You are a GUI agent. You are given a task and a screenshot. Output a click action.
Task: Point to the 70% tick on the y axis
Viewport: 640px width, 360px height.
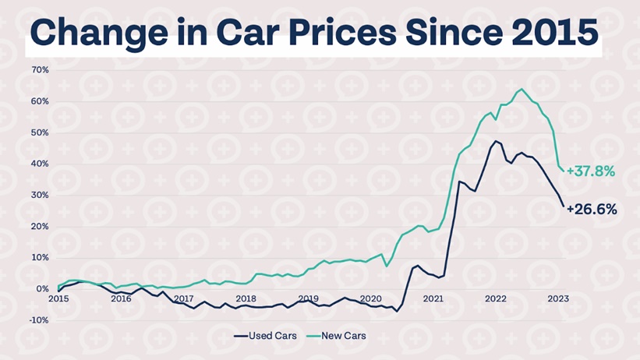(41, 70)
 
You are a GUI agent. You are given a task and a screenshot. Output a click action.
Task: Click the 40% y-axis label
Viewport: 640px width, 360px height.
(41, 164)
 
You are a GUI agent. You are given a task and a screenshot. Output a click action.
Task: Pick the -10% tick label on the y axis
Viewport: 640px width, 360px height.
(39, 320)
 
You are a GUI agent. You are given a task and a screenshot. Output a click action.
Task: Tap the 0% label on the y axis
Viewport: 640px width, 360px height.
(43, 289)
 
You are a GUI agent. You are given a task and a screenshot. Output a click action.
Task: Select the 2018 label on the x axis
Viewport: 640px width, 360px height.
(246, 298)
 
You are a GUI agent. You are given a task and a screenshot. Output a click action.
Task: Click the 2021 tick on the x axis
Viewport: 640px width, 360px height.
(433, 298)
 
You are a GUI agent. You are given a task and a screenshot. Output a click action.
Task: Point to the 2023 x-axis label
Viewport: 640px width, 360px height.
(558, 298)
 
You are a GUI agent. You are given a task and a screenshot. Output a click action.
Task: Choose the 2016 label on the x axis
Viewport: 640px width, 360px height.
(121, 298)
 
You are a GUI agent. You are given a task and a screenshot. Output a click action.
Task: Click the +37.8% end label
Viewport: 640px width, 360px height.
(590, 171)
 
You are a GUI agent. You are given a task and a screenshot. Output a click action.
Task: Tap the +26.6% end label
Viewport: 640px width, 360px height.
(592, 209)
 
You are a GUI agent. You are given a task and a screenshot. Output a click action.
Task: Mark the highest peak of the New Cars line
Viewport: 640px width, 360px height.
(521, 89)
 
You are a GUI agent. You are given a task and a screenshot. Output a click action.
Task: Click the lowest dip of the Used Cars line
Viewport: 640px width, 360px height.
(396, 312)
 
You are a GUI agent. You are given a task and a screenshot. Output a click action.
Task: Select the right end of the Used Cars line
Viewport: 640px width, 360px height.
(564, 206)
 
